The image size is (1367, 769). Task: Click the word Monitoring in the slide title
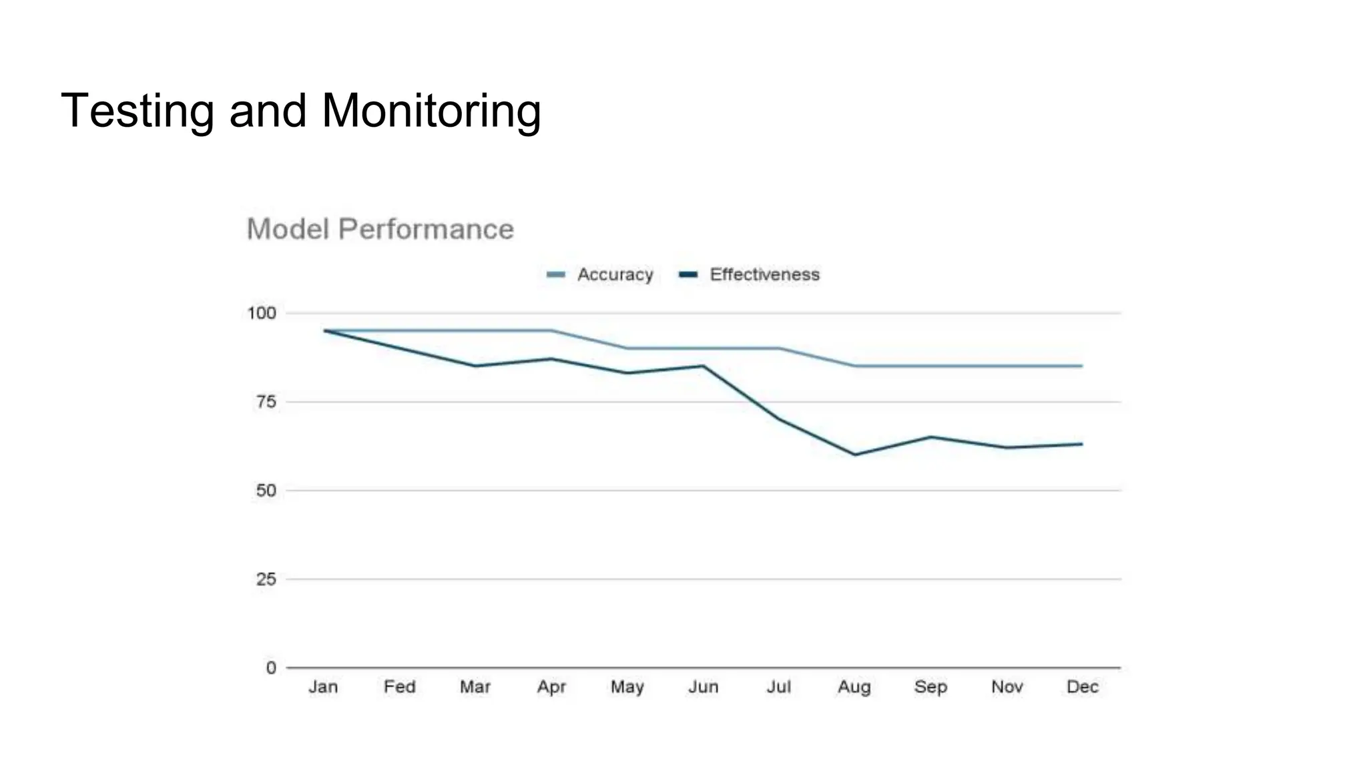pos(431,111)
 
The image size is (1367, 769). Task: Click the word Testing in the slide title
pos(138,111)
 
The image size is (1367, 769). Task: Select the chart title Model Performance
pos(380,229)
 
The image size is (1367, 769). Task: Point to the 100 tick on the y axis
pos(262,313)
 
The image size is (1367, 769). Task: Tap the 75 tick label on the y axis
pos(266,402)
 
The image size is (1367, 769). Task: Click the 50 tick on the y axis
pos(266,491)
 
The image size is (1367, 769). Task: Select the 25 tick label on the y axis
pos(266,579)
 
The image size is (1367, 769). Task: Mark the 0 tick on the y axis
pos(270,668)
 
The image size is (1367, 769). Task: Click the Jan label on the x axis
pos(323,687)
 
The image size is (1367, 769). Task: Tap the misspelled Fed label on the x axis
pos(399,687)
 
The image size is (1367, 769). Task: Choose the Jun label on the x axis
pos(703,687)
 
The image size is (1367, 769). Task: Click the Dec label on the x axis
pos(1082,687)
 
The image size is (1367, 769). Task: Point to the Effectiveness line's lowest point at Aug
pos(854,455)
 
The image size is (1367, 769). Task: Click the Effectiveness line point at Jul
pos(779,419)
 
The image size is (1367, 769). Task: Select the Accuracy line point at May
pos(627,348)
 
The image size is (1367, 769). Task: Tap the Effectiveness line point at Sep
pos(930,437)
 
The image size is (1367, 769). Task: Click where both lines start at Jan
pos(324,330)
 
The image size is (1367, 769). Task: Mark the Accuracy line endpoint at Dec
pos(1081,366)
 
